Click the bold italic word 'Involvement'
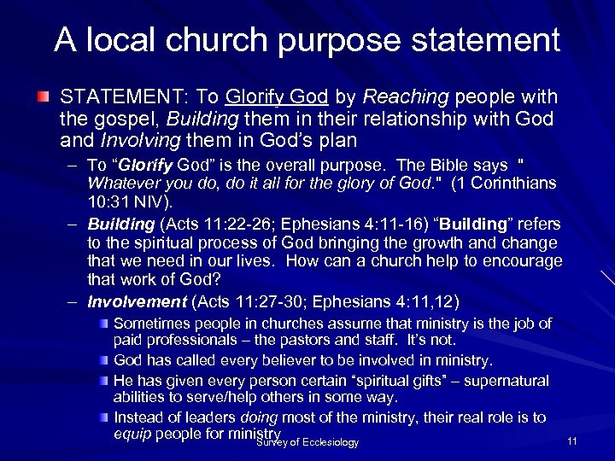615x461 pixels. coord(137,301)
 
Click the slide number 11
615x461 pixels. coord(572,441)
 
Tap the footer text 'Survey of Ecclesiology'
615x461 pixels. coord(307,442)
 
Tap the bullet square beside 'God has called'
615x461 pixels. coord(104,360)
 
